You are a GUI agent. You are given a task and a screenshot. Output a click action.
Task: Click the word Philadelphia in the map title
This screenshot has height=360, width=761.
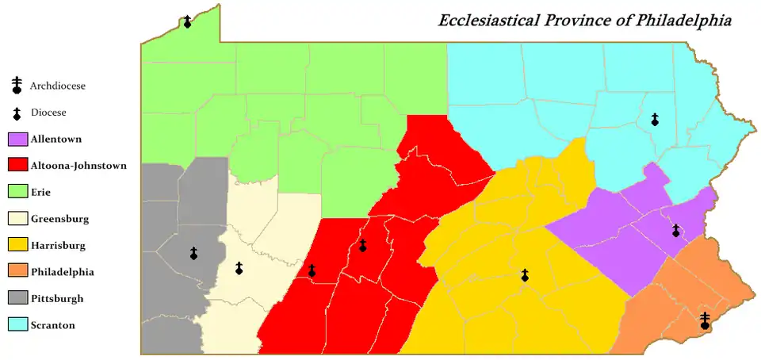tap(683, 20)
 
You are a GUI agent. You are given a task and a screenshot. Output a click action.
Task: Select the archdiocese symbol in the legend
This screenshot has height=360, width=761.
tap(16, 85)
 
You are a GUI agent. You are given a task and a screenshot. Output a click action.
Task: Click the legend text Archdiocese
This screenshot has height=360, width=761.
tap(57, 86)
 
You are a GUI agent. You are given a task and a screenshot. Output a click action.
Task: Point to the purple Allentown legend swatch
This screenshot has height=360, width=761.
tap(18, 140)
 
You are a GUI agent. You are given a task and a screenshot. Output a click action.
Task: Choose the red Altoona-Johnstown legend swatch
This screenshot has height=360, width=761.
tap(18, 166)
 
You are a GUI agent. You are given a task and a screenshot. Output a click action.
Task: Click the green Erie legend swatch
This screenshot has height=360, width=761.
tap(18, 192)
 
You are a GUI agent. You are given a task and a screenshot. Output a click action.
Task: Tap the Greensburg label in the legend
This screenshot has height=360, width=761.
tap(59, 219)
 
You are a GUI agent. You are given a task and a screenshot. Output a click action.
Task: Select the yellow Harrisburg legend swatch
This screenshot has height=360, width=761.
tap(18, 245)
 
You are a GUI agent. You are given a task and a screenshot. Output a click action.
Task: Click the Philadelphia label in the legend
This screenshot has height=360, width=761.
tap(62, 272)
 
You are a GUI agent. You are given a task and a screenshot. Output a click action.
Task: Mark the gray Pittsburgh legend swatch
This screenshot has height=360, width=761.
tap(18, 298)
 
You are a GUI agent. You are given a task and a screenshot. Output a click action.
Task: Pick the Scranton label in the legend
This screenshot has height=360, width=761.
tap(53, 325)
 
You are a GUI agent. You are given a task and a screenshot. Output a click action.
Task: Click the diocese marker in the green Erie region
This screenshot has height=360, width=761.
tap(187, 21)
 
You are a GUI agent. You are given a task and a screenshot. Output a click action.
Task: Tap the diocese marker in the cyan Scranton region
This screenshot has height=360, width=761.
tap(655, 120)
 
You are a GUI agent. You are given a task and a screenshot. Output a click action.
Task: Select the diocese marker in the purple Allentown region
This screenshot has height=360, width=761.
tap(675, 231)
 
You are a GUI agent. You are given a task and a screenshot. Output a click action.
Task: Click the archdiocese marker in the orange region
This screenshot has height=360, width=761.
tap(705, 321)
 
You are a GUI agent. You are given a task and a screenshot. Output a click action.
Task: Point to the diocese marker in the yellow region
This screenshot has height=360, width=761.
tap(524, 275)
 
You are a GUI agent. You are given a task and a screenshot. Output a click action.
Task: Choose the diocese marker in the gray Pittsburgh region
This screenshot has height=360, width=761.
tap(193, 254)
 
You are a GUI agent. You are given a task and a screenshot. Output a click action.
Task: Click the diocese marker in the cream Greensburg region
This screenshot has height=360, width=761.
tap(239, 269)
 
